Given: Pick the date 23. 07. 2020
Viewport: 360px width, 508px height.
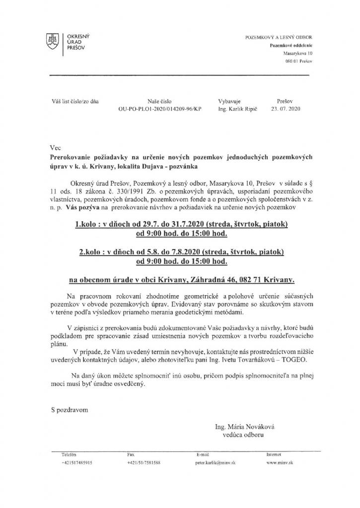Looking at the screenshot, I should pyautogui.click(x=286, y=107).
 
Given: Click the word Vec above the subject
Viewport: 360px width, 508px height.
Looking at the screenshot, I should pyautogui.click(x=56, y=147).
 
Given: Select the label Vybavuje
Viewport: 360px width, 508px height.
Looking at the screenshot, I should pyautogui.click(x=229, y=100).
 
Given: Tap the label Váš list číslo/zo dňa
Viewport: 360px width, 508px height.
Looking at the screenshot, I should pyautogui.click(x=74, y=100).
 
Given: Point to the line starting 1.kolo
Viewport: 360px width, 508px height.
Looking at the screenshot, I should pyautogui.click(x=181, y=225).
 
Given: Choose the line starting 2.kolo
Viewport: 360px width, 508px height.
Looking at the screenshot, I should pyautogui.click(x=181, y=252).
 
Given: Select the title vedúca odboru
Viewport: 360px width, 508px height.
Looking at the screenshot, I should pyautogui.click(x=243, y=435).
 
